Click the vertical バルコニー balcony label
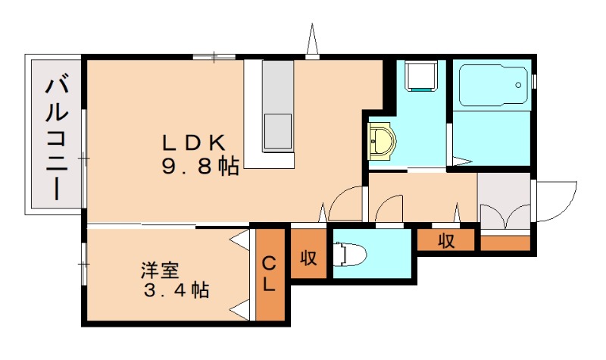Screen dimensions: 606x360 (x=57, y=139)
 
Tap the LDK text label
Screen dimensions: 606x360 (x=194, y=143)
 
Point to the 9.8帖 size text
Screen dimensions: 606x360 (x=200, y=167)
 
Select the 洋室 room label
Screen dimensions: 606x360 (x=160, y=271)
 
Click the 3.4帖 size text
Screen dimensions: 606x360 (x=176, y=290)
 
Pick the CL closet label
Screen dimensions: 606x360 (x=269, y=274)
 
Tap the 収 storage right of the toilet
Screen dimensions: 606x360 (x=446, y=241)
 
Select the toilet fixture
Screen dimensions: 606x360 (x=350, y=255)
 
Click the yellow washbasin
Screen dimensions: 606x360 (x=382, y=140)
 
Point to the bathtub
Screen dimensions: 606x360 (x=494, y=86)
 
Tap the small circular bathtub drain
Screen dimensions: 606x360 (x=518, y=85)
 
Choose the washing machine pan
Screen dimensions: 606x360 (x=421, y=75)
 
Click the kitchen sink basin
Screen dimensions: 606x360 (x=277, y=131)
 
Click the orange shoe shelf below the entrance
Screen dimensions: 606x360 (x=505, y=243)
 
